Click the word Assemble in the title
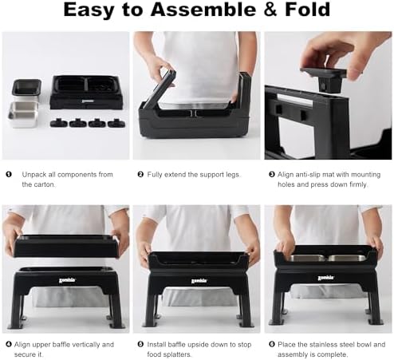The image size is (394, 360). click(203, 10)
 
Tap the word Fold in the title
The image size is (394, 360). click(308, 10)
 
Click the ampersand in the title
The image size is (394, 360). click(270, 10)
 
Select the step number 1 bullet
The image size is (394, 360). click(9, 175)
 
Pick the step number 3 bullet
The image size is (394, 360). click(272, 175)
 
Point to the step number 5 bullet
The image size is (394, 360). click(140, 344)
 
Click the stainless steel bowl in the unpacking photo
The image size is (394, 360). click(23, 115)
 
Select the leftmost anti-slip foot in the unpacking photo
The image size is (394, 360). click(58, 123)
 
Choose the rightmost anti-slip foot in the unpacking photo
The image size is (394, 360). click(116, 123)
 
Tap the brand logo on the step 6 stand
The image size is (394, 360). click(325, 278)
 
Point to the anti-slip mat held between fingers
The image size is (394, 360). click(323, 79)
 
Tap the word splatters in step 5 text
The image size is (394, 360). click(177, 354)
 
